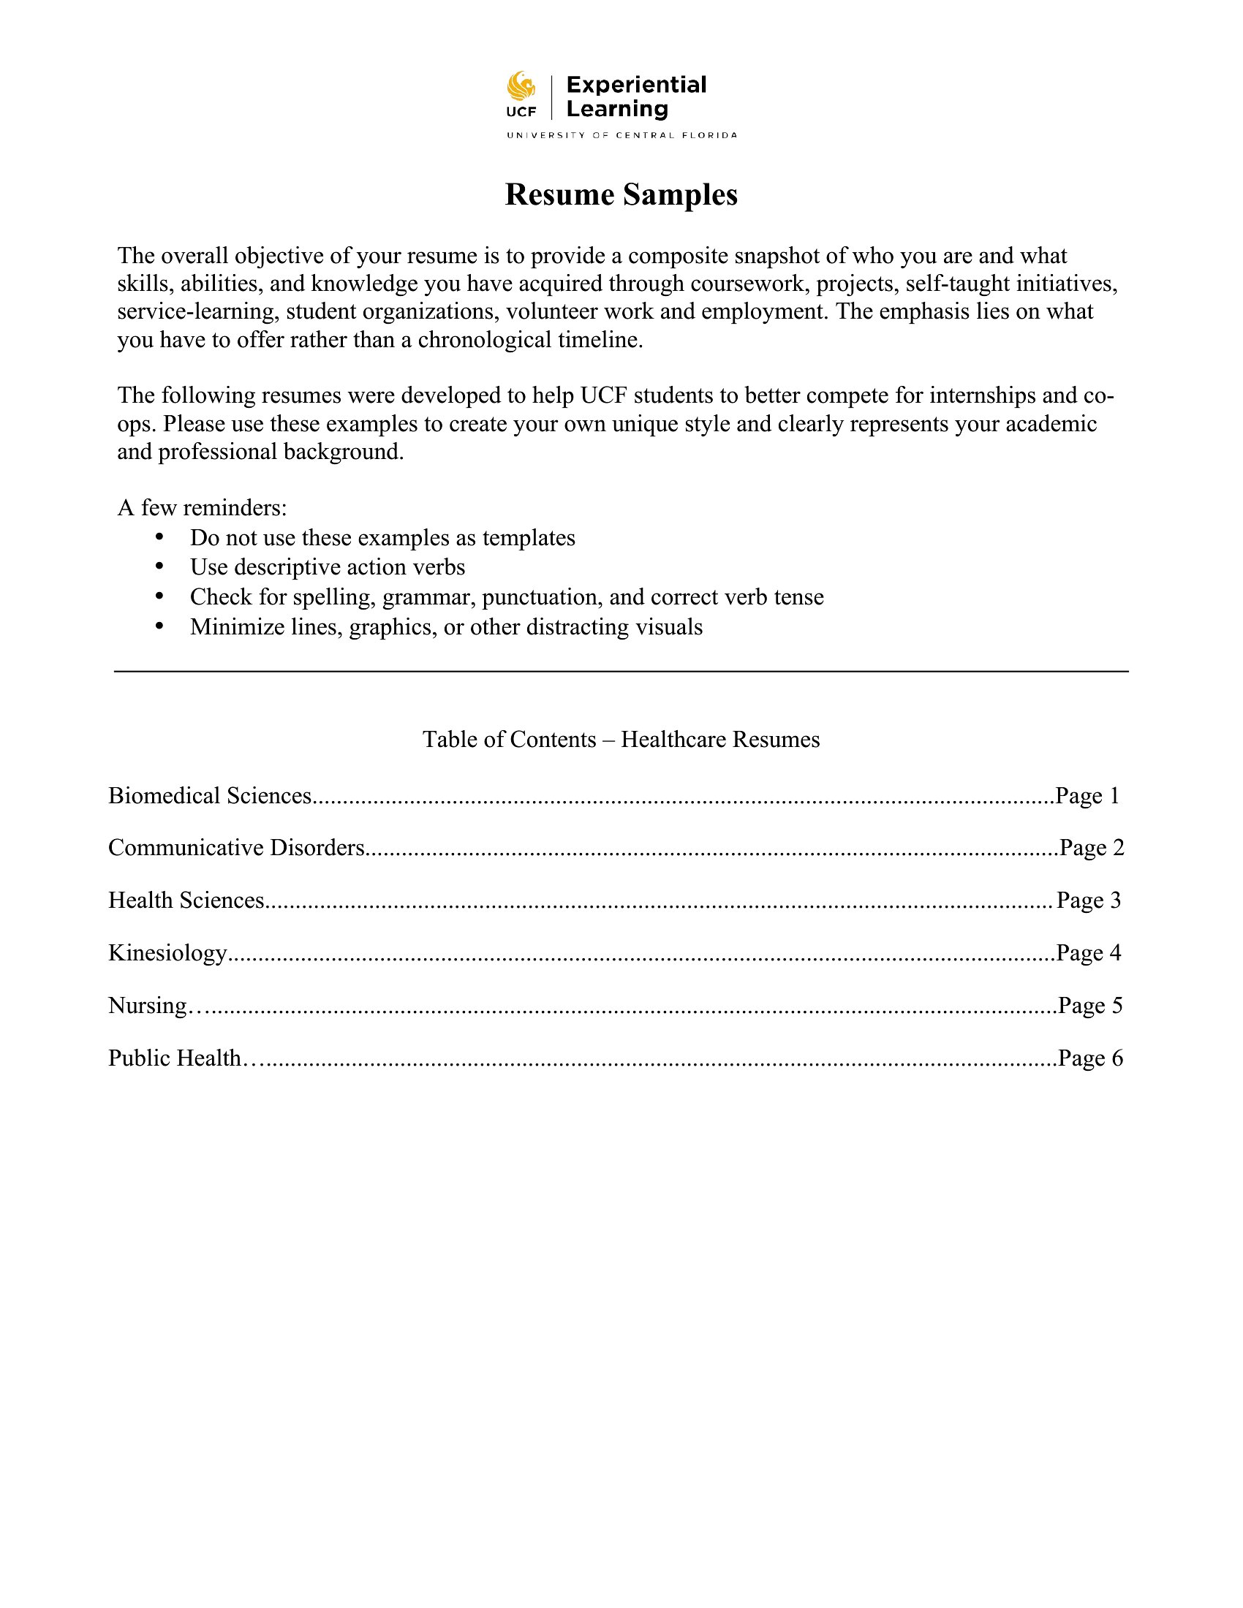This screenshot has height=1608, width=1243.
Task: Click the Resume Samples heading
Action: (x=621, y=194)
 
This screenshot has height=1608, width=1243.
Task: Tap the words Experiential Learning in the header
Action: (x=635, y=96)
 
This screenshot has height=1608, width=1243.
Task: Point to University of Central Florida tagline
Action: (x=621, y=135)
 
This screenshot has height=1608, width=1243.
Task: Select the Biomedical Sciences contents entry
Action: (x=210, y=796)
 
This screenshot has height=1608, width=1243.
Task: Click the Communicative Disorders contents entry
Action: (x=236, y=848)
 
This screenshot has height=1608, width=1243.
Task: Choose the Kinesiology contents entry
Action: (x=167, y=953)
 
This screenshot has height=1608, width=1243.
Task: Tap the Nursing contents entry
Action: (x=147, y=1006)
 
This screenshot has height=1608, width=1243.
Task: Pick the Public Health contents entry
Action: (x=175, y=1058)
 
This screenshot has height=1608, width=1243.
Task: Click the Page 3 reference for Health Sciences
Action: (x=1089, y=900)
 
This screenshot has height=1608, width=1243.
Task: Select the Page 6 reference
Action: (x=1090, y=1058)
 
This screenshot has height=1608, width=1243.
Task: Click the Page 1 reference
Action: (x=1087, y=796)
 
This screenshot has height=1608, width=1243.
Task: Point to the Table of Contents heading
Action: (x=621, y=739)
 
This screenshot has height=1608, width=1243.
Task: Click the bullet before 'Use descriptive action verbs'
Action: (x=159, y=566)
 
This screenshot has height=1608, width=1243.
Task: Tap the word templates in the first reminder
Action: (x=529, y=538)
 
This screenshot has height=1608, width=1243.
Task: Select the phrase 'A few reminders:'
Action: (x=202, y=508)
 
